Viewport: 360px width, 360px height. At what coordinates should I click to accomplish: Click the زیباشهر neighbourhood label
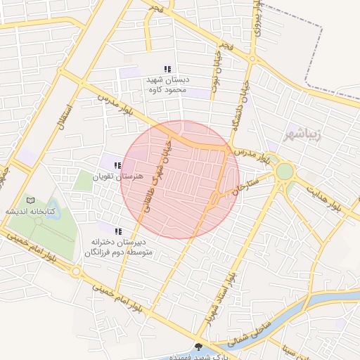click(303, 133)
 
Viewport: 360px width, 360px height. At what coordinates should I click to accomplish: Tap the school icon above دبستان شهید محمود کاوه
click(167, 69)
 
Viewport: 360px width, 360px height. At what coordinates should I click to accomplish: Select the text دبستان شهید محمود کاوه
click(164, 85)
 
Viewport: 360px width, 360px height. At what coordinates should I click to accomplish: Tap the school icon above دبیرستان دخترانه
click(118, 231)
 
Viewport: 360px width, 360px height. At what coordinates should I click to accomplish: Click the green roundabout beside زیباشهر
click(284, 172)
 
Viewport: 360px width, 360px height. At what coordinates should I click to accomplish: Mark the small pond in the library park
click(38, 221)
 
